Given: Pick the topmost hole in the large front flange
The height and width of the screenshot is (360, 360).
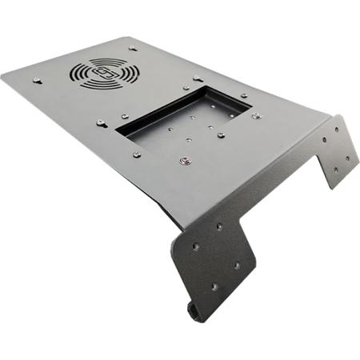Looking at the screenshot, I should (x=219, y=226).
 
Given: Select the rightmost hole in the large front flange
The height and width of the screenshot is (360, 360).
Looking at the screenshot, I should (x=236, y=265).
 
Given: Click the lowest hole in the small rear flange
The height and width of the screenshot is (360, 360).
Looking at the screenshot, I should (x=335, y=170).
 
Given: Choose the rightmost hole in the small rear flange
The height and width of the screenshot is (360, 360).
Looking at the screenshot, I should (x=348, y=158).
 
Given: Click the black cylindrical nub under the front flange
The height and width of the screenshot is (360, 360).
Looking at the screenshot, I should (x=192, y=310).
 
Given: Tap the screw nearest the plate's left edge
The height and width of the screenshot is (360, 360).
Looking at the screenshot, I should (x=37, y=79).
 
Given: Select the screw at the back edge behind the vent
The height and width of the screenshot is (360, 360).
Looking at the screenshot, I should (x=132, y=49).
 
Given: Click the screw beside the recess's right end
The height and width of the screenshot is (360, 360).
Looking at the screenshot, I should (x=256, y=116).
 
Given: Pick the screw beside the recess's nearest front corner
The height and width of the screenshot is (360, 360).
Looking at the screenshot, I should (x=137, y=154).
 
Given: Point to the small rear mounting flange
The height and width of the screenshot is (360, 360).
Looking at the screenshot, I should (x=336, y=152).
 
